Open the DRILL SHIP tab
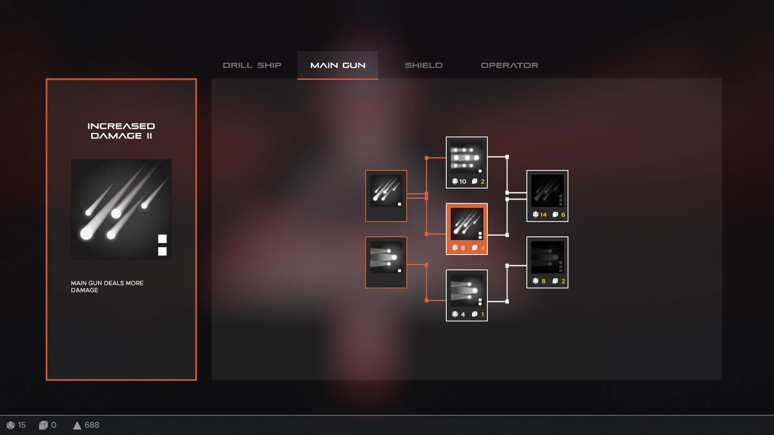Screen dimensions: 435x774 click(x=252, y=65)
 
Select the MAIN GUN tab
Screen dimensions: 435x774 click(x=338, y=65)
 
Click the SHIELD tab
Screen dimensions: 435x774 click(x=423, y=65)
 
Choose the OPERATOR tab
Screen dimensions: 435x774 click(x=510, y=65)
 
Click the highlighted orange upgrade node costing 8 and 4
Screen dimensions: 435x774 click(x=467, y=229)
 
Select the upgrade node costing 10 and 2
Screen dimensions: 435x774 click(x=467, y=162)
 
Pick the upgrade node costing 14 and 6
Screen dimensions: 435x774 click(x=547, y=196)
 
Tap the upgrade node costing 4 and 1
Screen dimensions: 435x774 click(x=467, y=295)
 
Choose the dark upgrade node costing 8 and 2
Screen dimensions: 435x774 click(x=547, y=262)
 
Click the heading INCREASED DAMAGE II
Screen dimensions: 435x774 click(x=121, y=131)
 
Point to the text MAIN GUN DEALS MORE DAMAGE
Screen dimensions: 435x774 click(x=107, y=286)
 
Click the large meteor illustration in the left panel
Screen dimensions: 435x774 click(x=121, y=209)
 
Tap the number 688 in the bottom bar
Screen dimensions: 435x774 click(x=92, y=425)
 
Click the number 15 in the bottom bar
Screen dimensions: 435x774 click(x=22, y=425)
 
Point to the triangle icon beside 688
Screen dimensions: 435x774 click(x=77, y=425)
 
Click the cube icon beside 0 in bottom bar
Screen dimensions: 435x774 click(x=43, y=425)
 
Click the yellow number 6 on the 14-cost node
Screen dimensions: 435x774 click(x=563, y=215)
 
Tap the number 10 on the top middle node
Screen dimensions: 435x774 click(x=463, y=182)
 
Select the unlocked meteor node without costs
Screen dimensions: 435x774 click(x=386, y=196)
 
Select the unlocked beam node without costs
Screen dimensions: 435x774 click(x=386, y=262)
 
